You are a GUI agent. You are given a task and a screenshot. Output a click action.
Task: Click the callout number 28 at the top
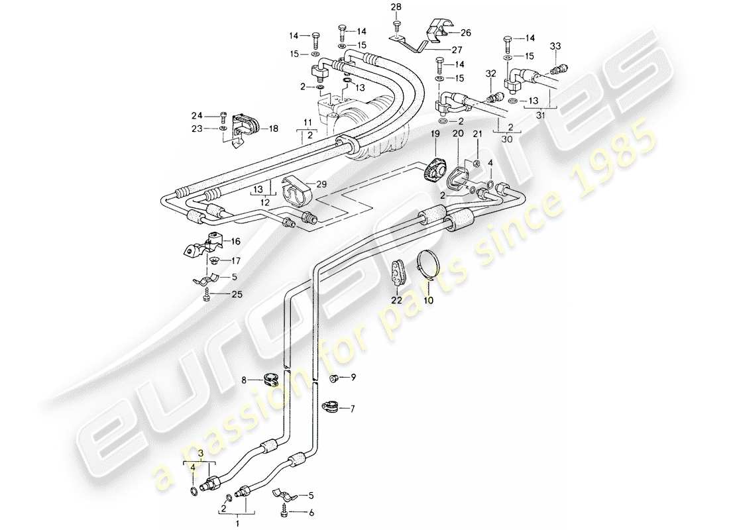[x=396, y=8]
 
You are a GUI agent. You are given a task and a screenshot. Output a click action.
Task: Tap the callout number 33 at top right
[x=555, y=46]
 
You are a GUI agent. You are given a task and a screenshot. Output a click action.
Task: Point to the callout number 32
[x=490, y=73]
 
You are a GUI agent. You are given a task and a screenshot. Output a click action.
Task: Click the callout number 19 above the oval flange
[x=435, y=134]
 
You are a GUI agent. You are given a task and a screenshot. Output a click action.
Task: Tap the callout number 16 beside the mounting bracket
[x=237, y=242]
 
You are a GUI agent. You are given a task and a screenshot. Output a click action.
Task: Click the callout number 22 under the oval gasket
[x=396, y=299]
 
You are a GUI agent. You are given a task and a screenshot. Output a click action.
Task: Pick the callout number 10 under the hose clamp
[x=428, y=300]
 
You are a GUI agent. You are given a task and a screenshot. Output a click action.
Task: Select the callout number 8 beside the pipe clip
[x=245, y=380]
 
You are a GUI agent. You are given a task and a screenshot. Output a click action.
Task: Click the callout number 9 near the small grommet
[x=353, y=378]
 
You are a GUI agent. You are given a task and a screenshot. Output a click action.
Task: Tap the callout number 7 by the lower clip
[x=352, y=409]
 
